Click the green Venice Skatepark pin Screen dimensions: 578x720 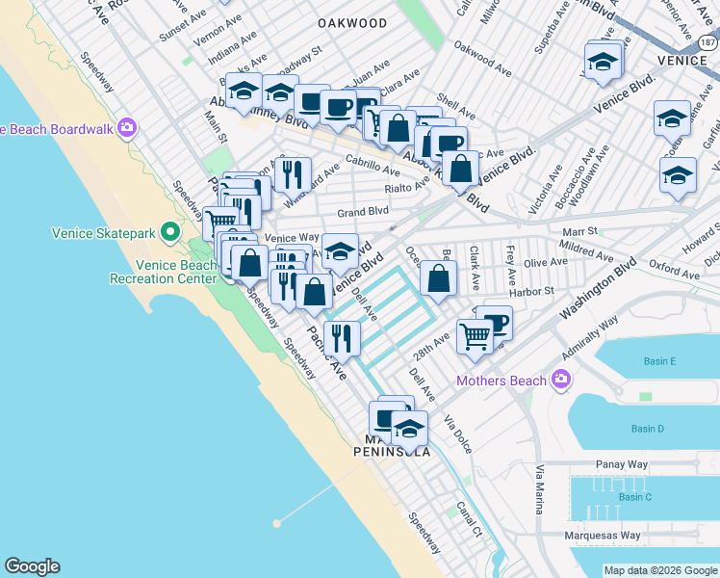coord(170,231)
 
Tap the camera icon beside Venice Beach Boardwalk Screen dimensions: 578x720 coord(127,128)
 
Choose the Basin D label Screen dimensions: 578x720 coord(647,429)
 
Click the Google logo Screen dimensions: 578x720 coord(32,566)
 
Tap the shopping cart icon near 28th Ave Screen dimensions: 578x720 coord(475,336)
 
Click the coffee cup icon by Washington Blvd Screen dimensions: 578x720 coord(495,322)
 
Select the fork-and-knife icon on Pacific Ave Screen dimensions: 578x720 coord(342,337)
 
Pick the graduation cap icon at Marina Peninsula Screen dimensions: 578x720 coord(409,427)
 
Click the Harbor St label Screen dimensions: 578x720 coord(536,290)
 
